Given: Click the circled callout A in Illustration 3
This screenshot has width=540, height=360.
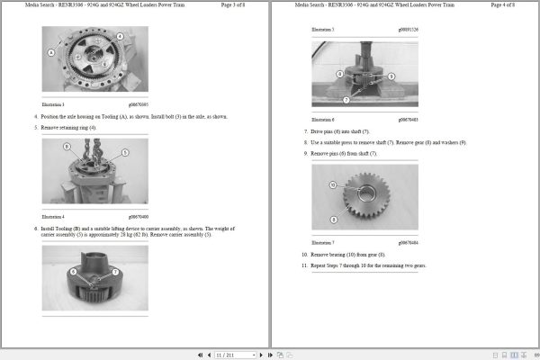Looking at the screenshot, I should (51, 53).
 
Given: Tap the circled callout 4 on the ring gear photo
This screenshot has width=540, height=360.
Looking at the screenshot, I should (114, 48).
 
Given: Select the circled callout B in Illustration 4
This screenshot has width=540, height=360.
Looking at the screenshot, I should (67, 146).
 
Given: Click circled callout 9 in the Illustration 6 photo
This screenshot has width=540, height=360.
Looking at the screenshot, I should (391, 76).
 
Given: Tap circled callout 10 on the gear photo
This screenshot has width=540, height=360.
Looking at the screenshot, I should (332, 184).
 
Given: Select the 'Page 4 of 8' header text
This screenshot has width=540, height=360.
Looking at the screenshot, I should (509, 6).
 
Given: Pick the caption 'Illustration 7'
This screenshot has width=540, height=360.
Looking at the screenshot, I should (322, 243).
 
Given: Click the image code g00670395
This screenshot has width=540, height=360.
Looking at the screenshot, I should (138, 105).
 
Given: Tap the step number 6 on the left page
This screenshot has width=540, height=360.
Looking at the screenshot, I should (36, 229).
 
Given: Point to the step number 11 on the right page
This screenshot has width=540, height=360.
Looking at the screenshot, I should (305, 265).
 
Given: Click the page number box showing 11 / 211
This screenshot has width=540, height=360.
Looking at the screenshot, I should (226, 355).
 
